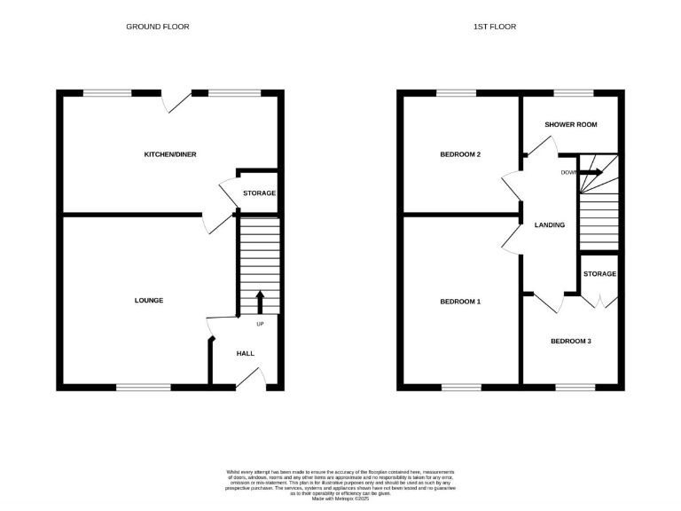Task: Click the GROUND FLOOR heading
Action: pos(157,27)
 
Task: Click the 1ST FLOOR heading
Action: pos(495,27)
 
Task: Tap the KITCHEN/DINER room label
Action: pos(170,154)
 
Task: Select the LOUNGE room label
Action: pos(149,301)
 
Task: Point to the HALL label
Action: pos(246,353)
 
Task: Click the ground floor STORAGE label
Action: pos(260,193)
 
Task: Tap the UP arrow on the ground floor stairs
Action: pos(260,302)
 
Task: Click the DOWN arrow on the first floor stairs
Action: pos(591,172)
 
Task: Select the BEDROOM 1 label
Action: pos(460,302)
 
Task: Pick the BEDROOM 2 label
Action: pos(460,154)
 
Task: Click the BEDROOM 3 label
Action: pos(571,341)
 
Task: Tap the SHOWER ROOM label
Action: pos(571,125)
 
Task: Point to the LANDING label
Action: pos(550,225)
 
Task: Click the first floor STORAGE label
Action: pos(600,273)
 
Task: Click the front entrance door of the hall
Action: pos(251,381)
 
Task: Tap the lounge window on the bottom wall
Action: pos(144,387)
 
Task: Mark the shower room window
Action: pos(574,92)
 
